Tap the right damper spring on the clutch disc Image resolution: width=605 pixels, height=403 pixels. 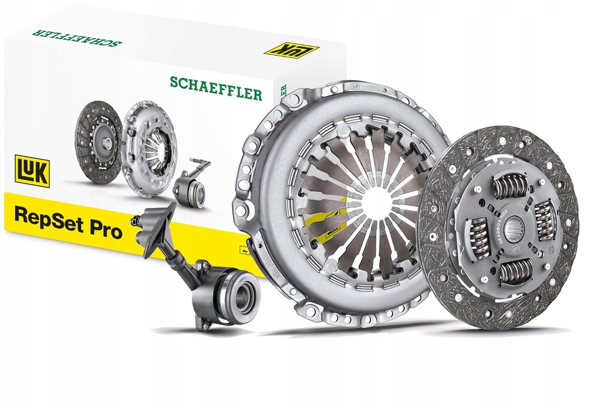[544, 219]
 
